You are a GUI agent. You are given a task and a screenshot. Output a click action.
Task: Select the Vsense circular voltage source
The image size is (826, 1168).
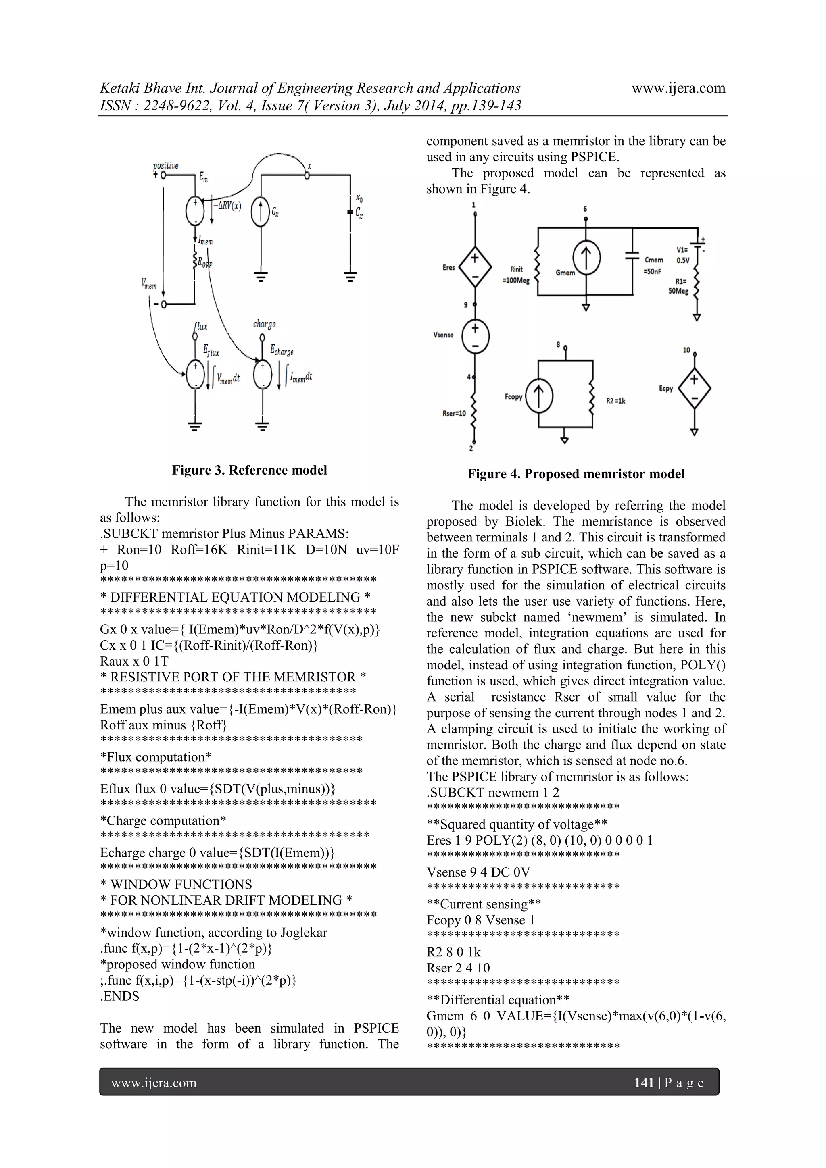[x=475, y=336]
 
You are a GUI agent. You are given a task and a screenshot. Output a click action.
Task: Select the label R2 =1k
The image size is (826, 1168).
[x=616, y=401]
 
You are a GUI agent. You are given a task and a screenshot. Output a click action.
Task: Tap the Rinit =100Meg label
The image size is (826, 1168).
[x=516, y=275]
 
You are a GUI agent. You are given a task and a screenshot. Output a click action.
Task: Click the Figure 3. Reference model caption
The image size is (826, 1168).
[x=249, y=470]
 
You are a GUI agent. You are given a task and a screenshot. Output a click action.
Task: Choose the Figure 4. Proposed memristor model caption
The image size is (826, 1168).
[x=576, y=474]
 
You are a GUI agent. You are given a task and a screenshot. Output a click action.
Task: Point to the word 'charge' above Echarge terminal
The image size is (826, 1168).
[x=264, y=324]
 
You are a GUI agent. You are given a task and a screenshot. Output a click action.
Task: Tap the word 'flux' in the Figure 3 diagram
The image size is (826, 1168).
[x=200, y=326]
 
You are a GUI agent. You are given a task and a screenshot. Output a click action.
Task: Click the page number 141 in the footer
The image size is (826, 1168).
[x=643, y=1083]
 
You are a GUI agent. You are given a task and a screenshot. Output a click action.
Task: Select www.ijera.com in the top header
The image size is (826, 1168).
[x=678, y=88]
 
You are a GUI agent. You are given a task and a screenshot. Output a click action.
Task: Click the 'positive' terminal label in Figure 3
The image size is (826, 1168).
[x=166, y=166]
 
